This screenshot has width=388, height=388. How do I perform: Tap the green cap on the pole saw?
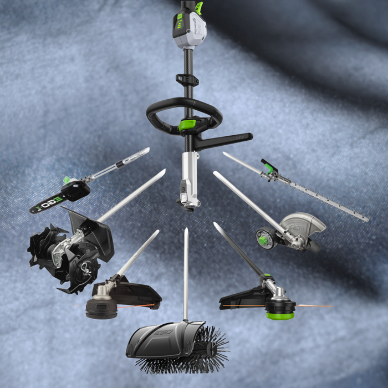coord(67,180)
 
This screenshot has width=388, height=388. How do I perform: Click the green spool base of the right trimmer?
coord(280,314)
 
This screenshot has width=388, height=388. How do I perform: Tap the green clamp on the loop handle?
coord(187,125)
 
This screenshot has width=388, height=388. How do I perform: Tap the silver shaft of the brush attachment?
coord(186,272)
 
